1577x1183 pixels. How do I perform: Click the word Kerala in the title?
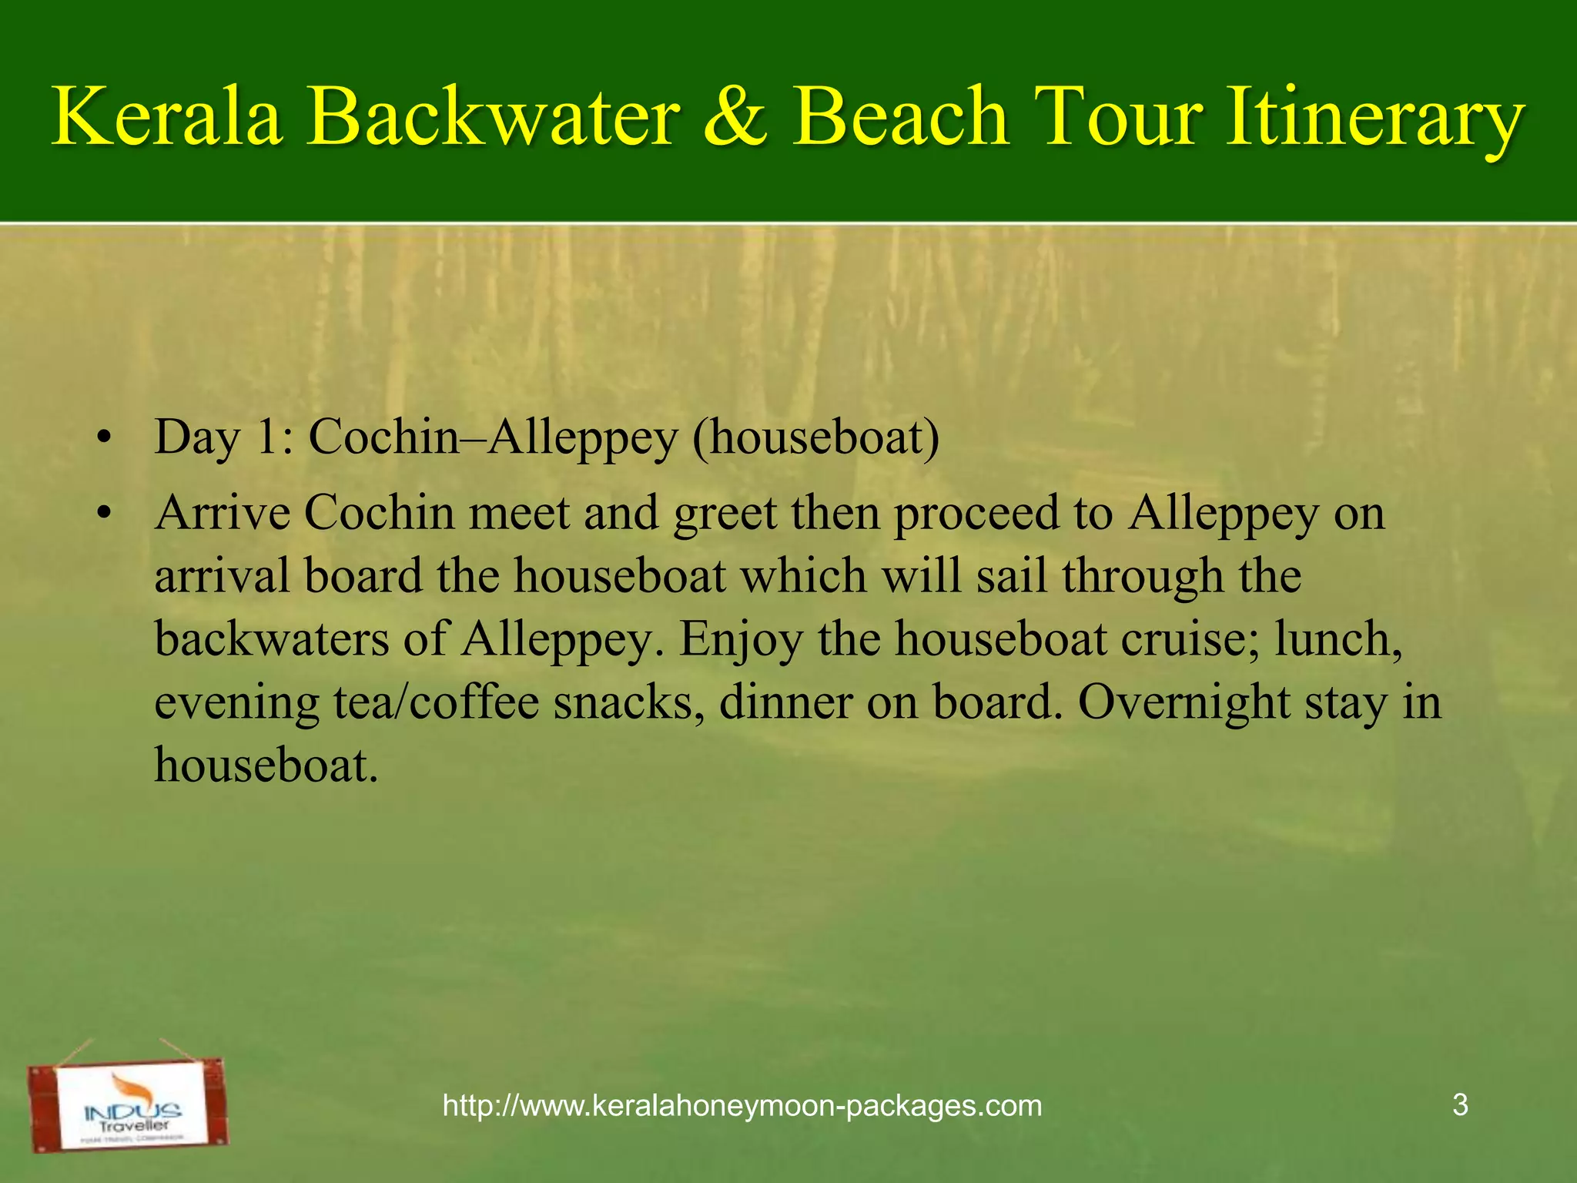167,117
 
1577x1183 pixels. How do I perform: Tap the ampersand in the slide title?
735,117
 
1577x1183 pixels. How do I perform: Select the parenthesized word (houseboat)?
815,437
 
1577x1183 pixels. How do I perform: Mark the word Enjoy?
740,640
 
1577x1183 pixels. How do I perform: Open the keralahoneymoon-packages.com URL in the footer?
742,1106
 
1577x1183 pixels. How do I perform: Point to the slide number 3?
1460,1105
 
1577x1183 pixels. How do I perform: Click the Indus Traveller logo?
129,1105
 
